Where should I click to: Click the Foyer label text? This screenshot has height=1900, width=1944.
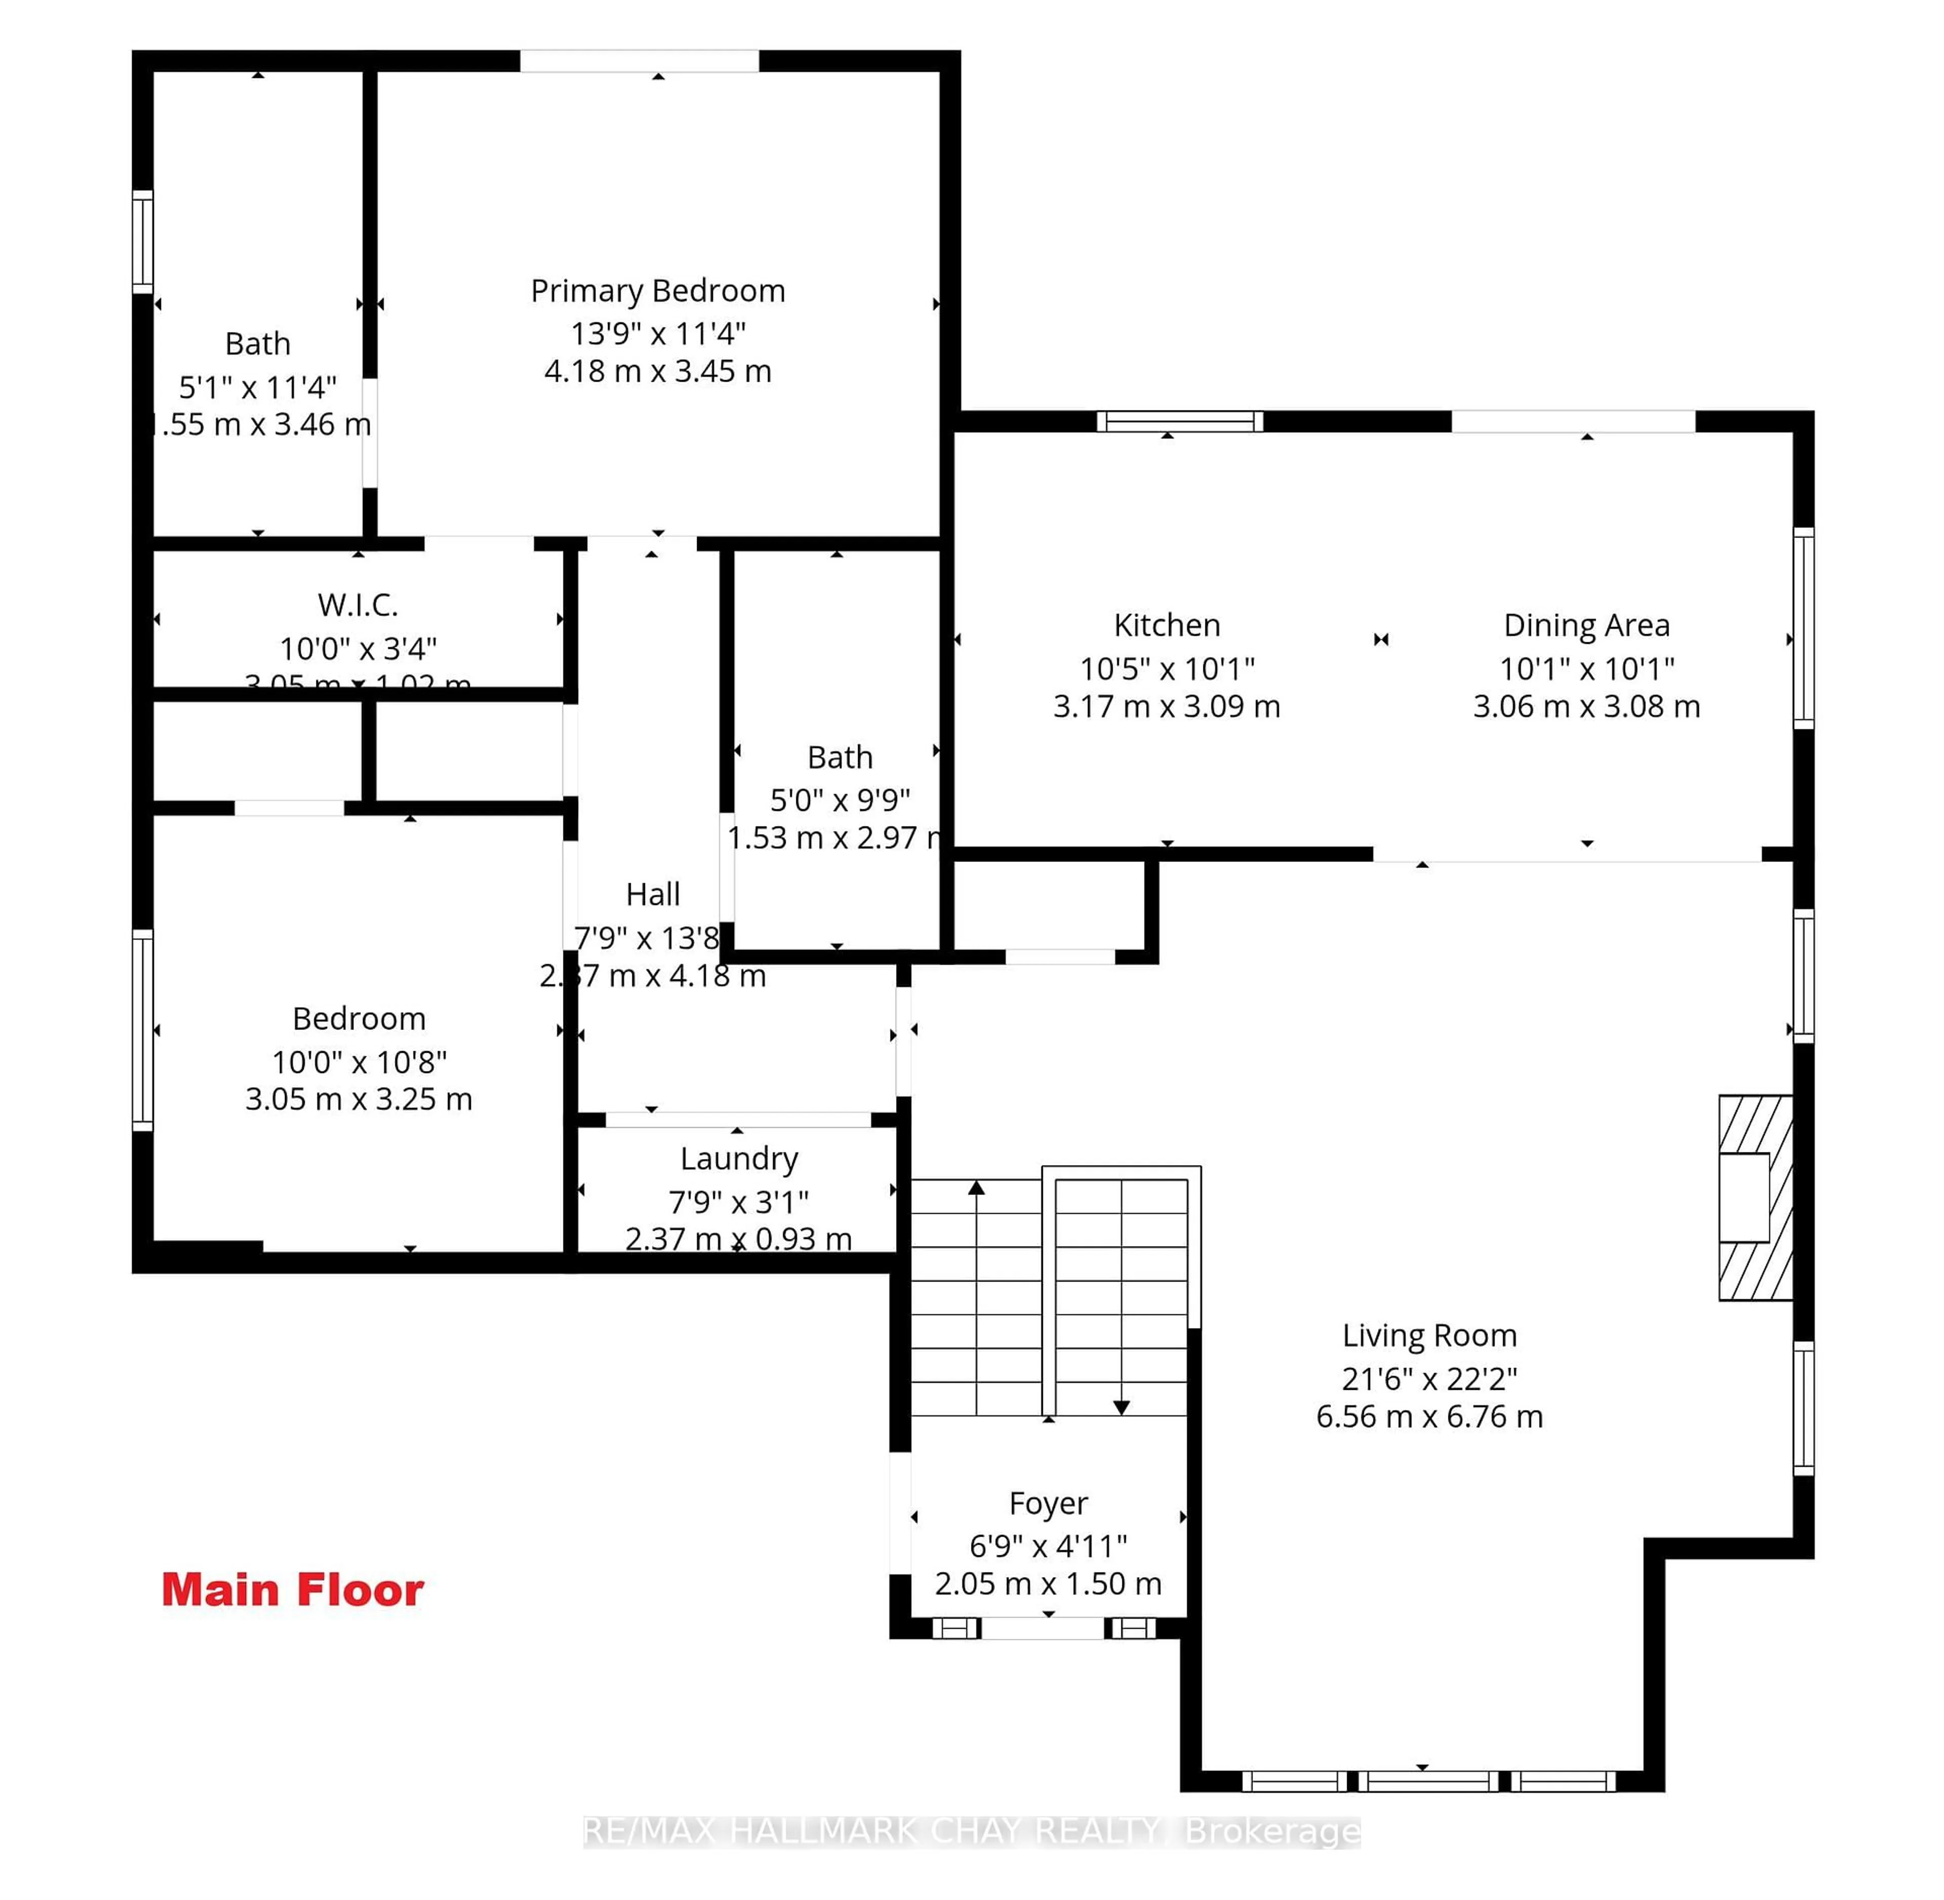pos(1048,1503)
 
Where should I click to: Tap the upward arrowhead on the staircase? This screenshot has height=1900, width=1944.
pos(976,1187)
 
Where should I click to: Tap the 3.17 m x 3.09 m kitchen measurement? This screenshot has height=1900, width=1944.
pos(1166,707)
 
